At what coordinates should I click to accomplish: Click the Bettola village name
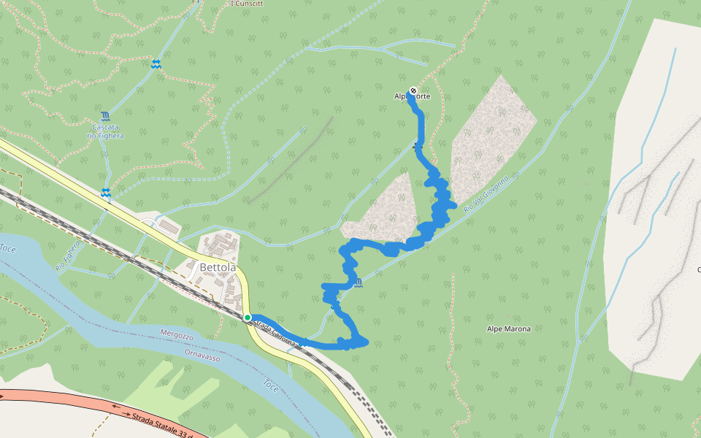218,268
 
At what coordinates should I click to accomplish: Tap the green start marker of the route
248,318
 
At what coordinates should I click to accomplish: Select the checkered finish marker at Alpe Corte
413,91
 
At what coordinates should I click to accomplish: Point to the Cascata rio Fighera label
105,131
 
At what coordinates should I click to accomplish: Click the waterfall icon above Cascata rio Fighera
106,116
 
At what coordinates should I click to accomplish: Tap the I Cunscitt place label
246,4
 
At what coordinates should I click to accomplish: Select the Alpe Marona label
508,329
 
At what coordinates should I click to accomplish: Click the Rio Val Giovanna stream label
486,195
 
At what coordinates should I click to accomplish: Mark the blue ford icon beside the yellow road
106,193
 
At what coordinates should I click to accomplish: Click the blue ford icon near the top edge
156,64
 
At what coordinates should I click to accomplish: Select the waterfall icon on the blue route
358,283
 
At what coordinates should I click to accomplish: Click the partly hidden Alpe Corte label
413,97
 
